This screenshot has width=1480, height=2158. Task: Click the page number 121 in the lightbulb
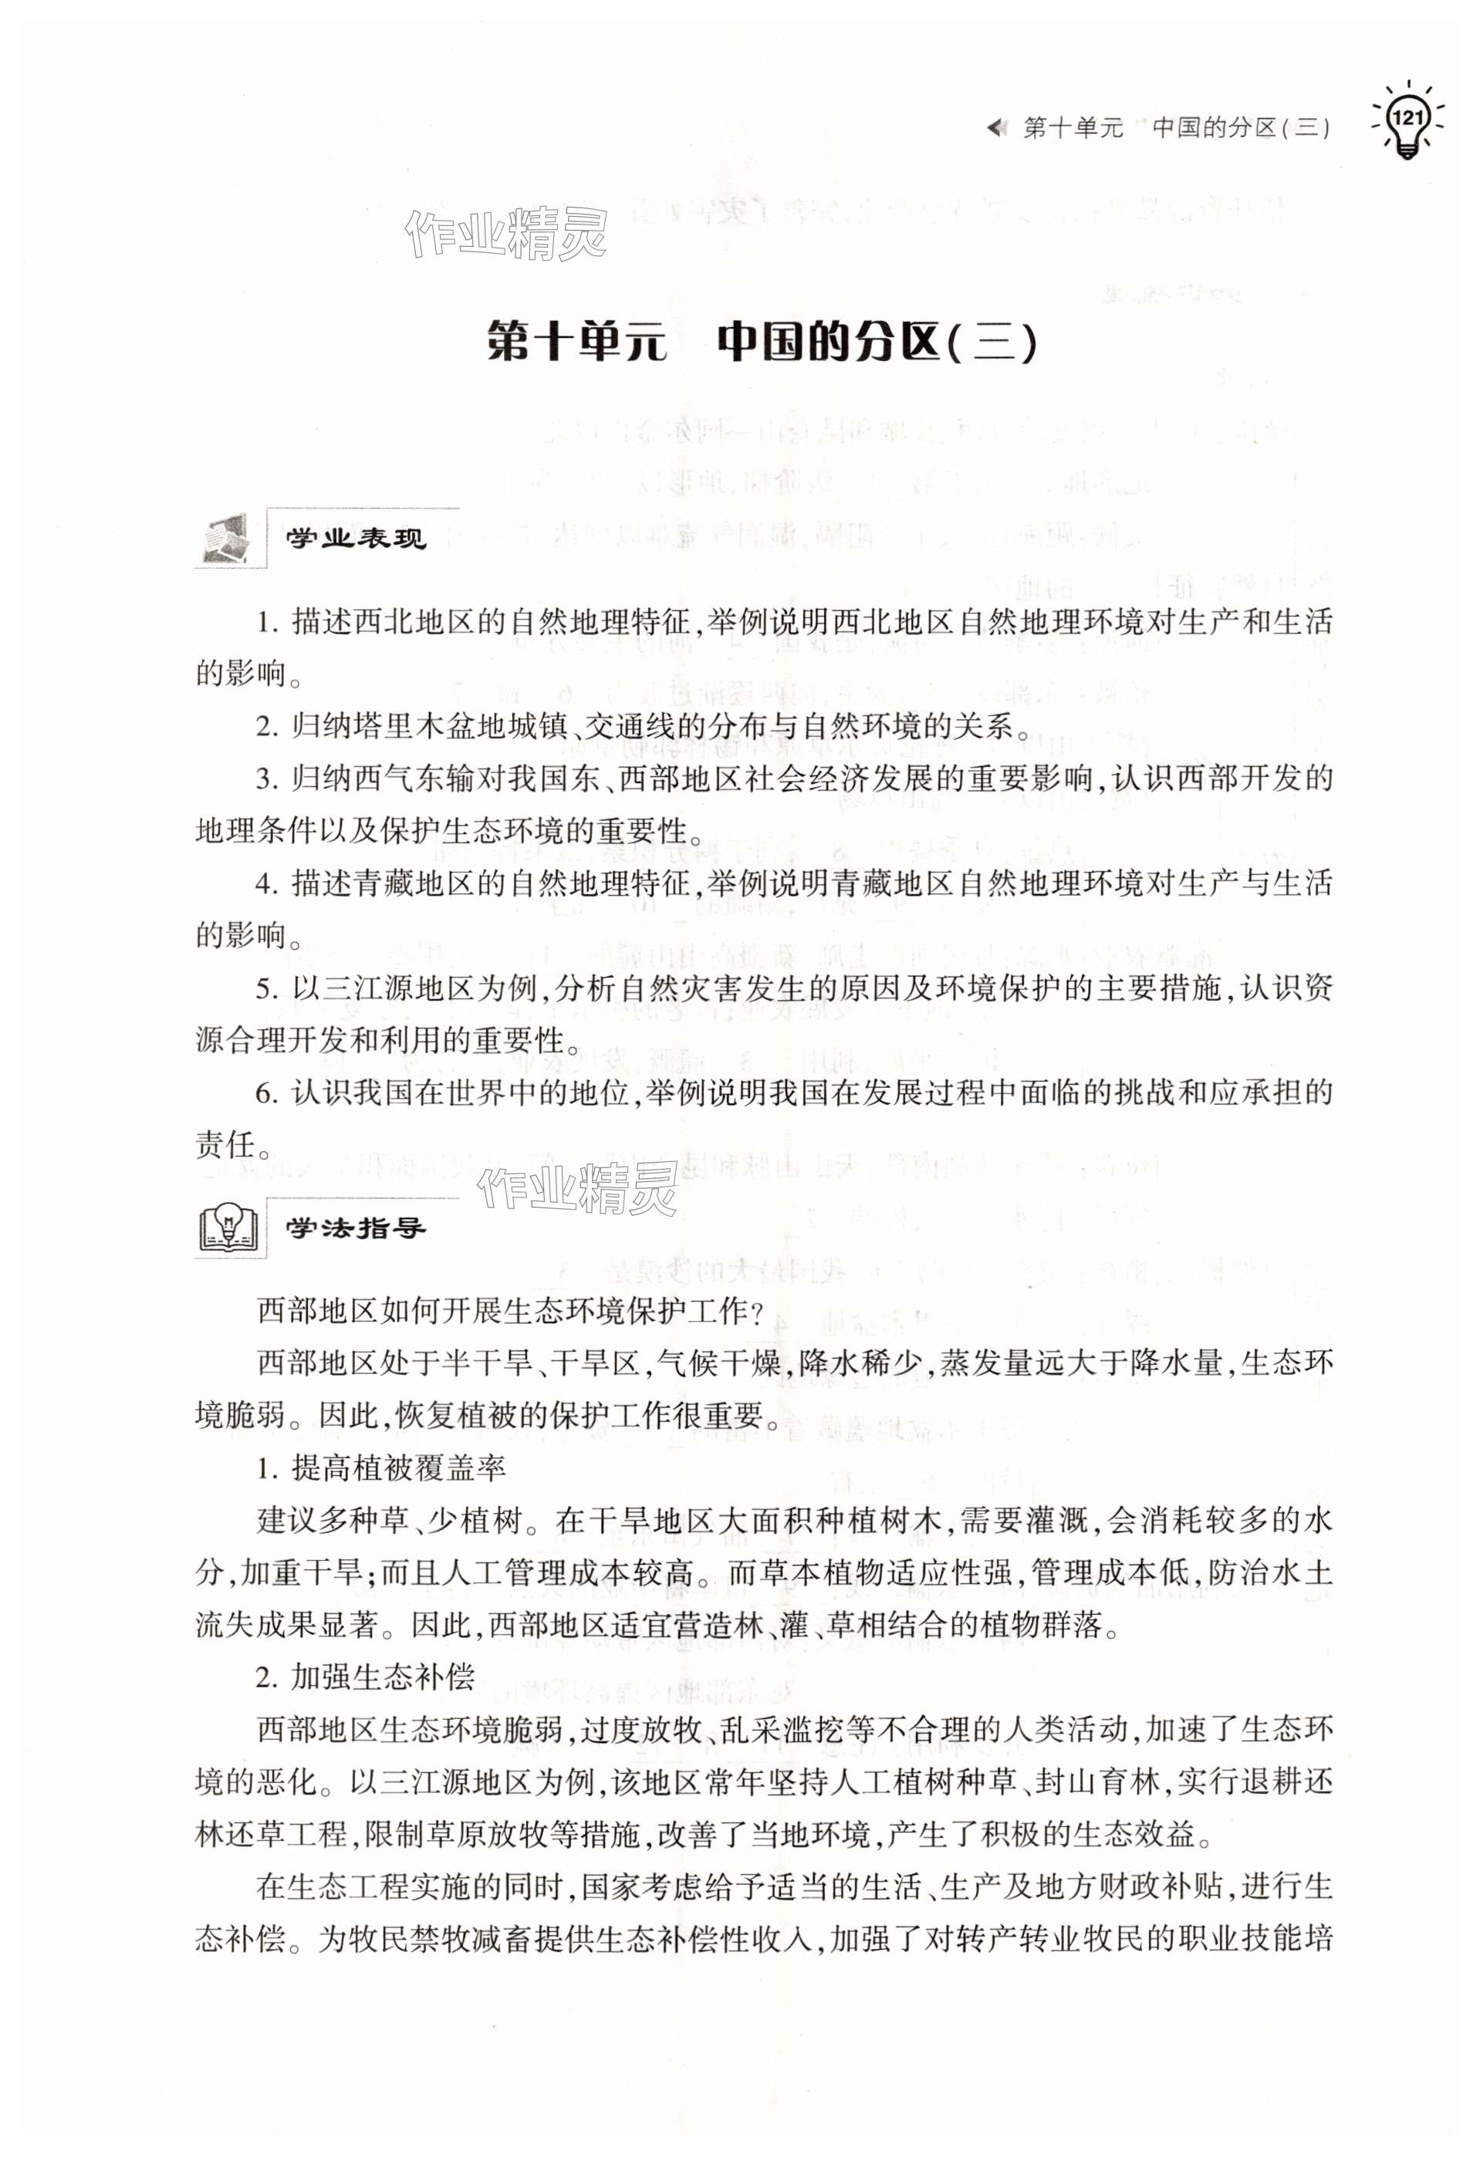(1407, 118)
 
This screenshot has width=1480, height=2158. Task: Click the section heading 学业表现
(356, 539)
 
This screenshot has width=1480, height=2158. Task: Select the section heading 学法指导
(356, 1228)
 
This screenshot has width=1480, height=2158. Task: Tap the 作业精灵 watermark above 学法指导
(577, 1189)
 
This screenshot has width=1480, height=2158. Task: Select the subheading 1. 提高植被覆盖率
(380, 1468)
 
